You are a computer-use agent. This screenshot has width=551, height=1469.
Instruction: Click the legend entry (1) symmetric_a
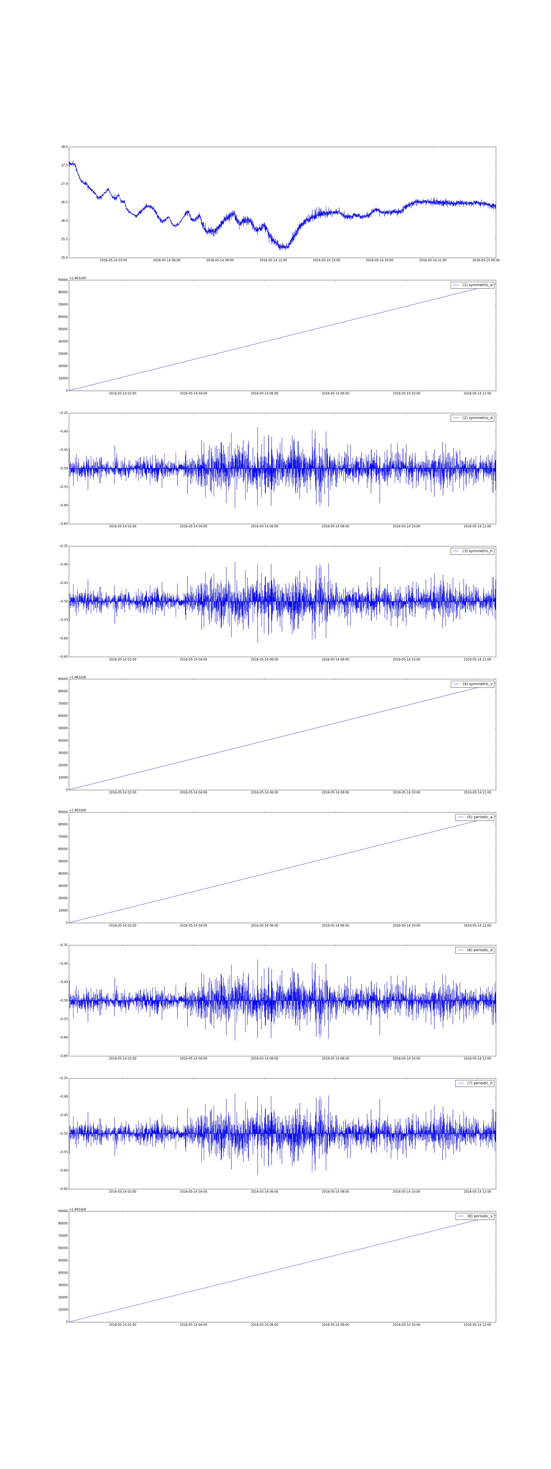tap(472, 285)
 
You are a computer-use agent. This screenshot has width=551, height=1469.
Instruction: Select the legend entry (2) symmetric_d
tap(472, 418)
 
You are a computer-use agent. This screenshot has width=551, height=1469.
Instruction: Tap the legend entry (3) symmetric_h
tap(472, 551)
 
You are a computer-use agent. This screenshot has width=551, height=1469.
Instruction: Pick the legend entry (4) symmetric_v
tap(472, 684)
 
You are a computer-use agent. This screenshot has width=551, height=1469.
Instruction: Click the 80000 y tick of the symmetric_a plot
tap(62, 292)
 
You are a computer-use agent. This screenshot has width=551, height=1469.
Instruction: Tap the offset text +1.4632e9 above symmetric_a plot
tap(78, 278)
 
